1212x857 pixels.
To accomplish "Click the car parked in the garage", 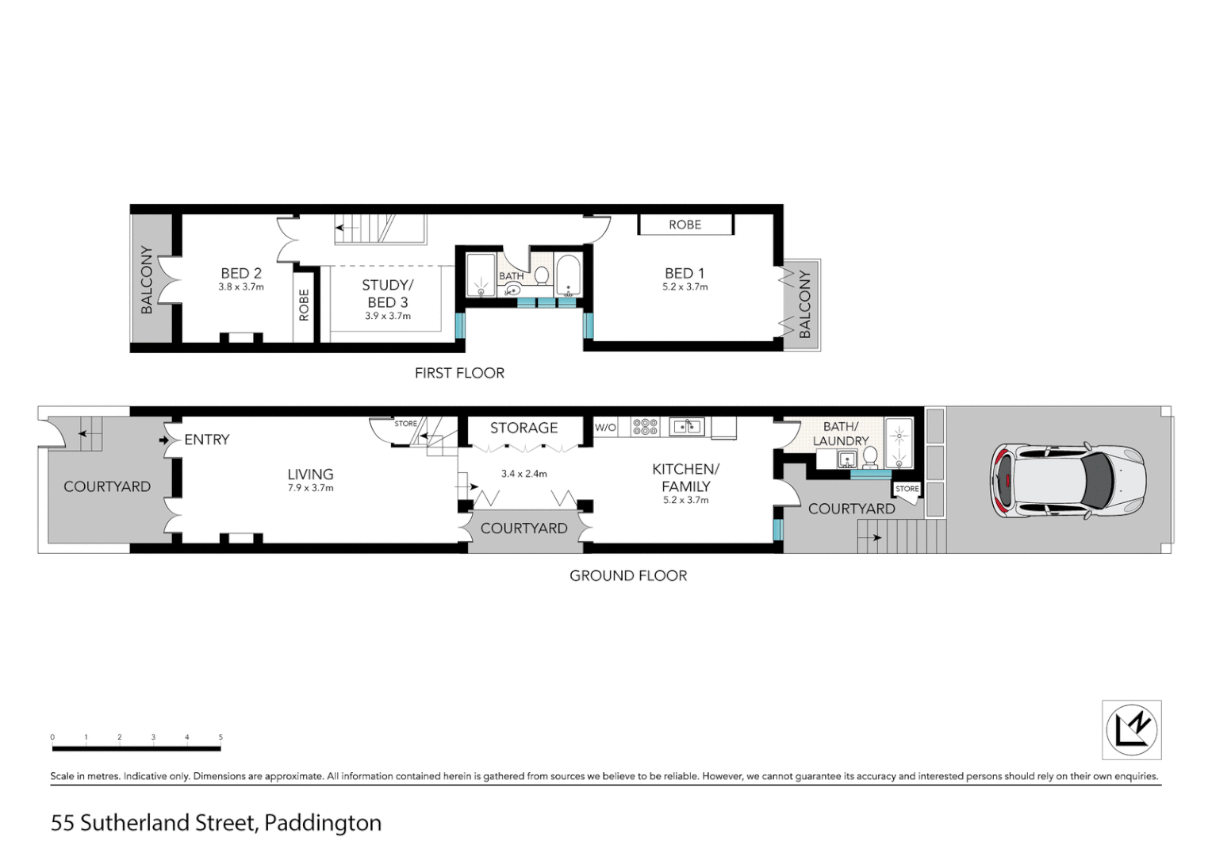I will [x=1068, y=481].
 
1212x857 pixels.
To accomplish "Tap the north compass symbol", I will [x=1132, y=729].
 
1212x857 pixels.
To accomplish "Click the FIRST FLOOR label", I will [x=459, y=373].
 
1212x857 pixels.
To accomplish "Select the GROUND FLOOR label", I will [x=628, y=576].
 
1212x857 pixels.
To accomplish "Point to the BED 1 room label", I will [x=685, y=274].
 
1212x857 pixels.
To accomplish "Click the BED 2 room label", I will [x=241, y=274].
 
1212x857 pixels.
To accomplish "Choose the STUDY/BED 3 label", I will [x=387, y=294].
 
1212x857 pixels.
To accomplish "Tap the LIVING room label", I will [x=310, y=475].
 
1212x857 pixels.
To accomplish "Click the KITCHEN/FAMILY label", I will [x=685, y=478].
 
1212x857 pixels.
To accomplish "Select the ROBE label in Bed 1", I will [x=685, y=225].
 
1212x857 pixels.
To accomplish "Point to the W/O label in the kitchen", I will [x=605, y=428].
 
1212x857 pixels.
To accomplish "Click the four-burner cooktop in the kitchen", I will [x=645, y=427].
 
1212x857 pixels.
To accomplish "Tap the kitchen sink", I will [x=686, y=427].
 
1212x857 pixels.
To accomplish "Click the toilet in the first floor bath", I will [x=542, y=275].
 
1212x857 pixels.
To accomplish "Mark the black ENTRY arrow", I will [x=164, y=440].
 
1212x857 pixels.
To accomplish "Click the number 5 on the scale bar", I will [x=221, y=737].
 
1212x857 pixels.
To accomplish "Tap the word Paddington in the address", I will [x=323, y=823].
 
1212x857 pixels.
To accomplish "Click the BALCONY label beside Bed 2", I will [x=147, y=280].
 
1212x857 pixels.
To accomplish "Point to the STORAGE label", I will [x=524, y=428].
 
